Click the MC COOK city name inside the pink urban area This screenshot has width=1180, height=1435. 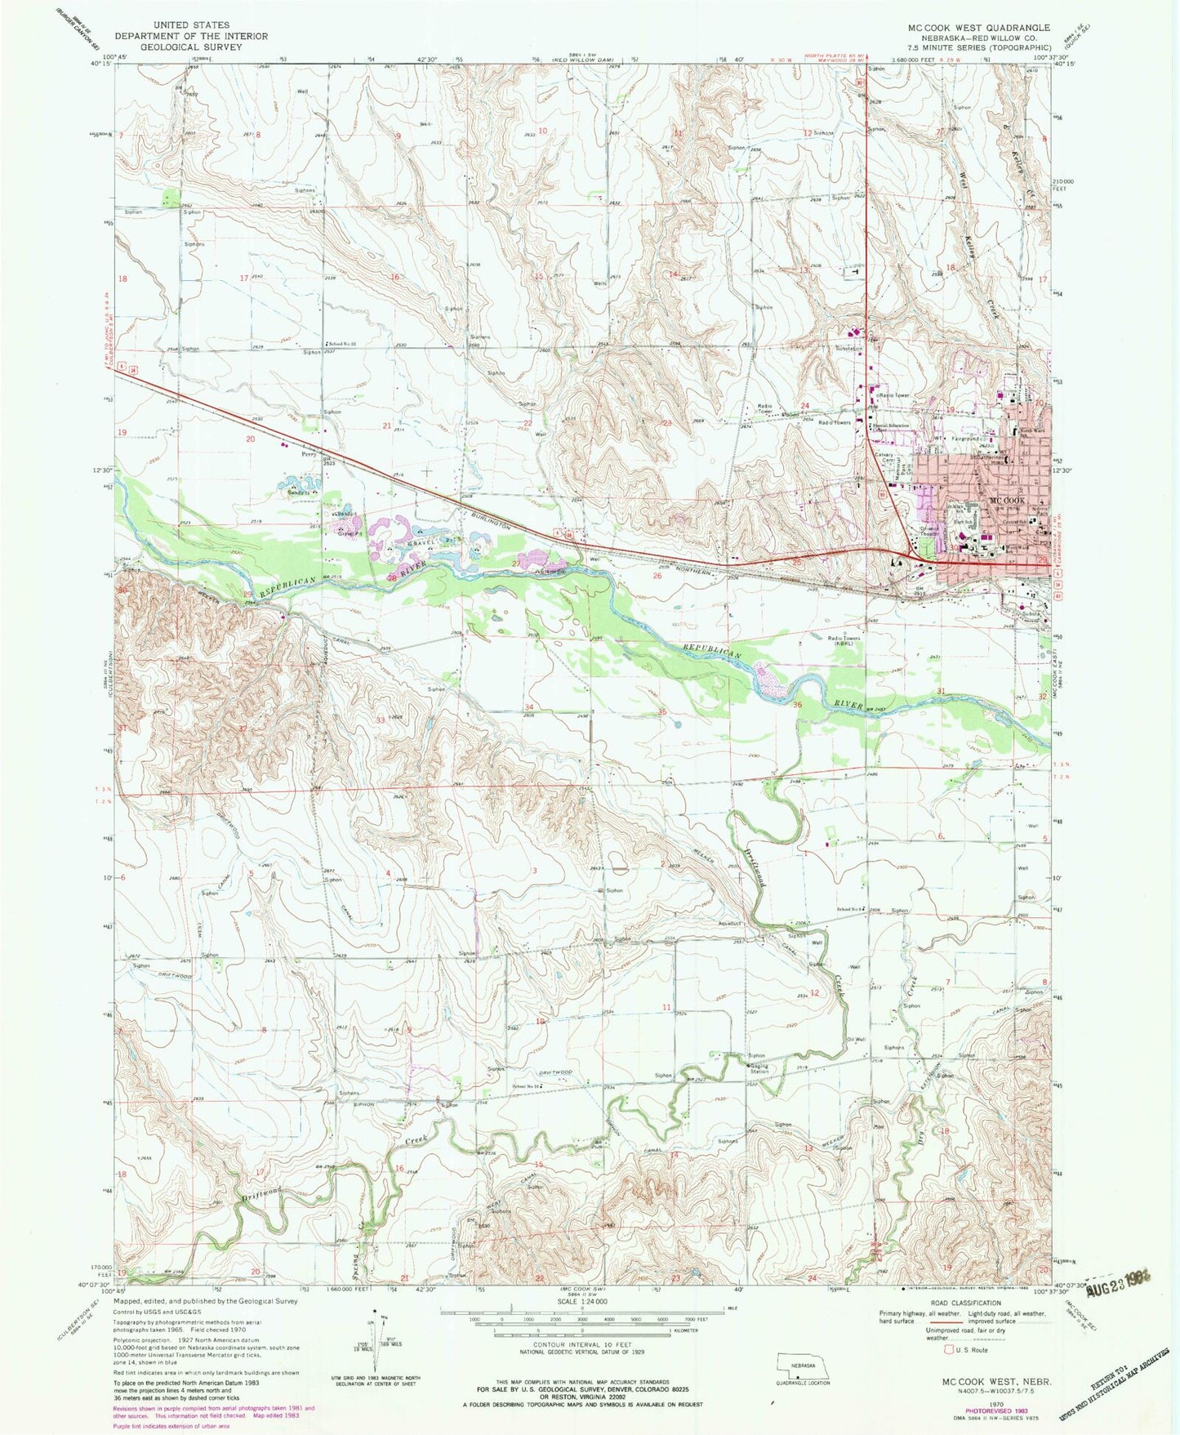[x=1006, y=501]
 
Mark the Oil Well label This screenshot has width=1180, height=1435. [x=856, y=1040]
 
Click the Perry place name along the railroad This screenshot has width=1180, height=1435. [x=309, y=454]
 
